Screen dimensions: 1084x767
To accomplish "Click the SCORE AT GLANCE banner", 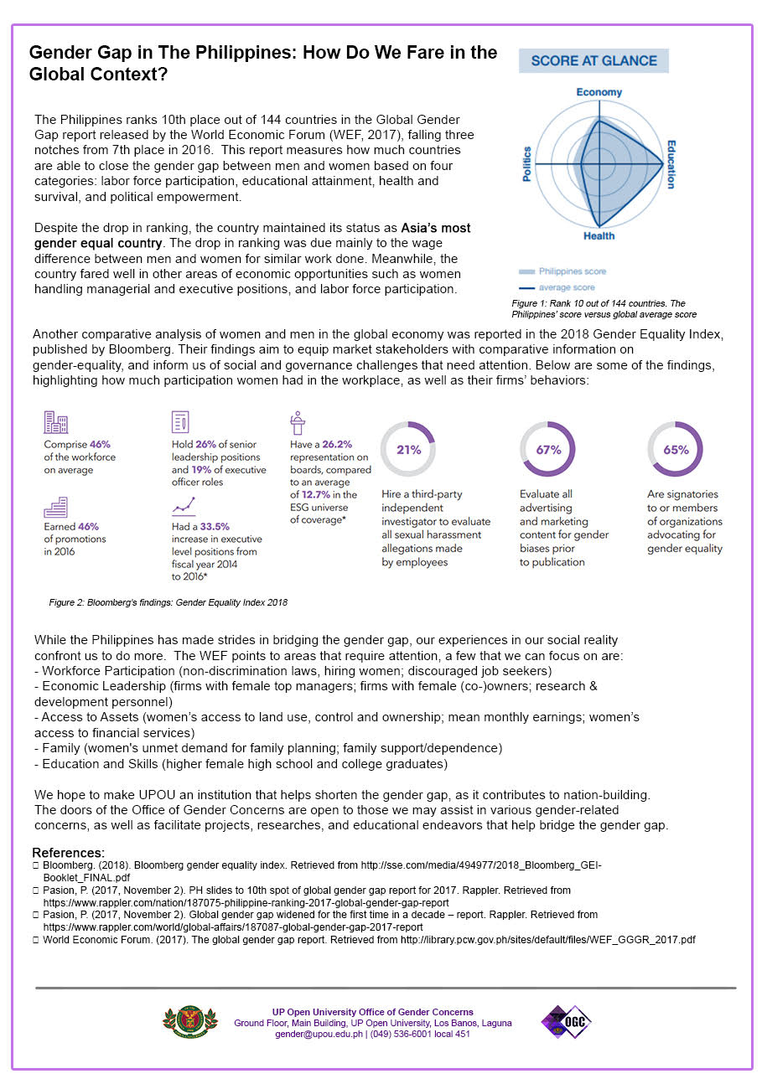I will click(593, 61).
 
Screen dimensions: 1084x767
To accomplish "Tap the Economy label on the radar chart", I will click(599, 92).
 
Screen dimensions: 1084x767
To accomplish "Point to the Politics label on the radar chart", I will click(527, 164).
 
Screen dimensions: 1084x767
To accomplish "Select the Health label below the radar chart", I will click(599, 236).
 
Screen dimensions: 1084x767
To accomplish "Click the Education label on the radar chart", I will click(671, 164).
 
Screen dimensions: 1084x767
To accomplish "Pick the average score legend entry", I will click(567, 287).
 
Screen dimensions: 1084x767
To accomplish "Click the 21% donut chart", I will click(408, 449).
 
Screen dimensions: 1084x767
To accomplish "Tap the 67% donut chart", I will click(547, 449).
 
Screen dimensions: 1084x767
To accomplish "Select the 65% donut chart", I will click(675, 449).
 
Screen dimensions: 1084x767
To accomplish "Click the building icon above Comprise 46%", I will click(55, 423).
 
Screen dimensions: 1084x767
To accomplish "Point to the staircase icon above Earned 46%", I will click(55, 507).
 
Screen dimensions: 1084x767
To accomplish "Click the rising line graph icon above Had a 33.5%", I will click(183, 505).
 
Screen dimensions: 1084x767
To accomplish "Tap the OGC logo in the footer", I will click(567, 1022).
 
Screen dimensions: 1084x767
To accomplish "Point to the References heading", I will click(69, 853).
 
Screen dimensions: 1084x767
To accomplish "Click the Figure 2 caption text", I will click(168, 601).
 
